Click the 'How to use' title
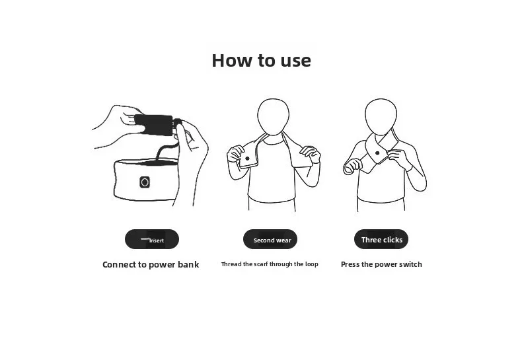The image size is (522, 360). click(x=262, y=61)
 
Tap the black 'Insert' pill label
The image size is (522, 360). click(x=152, y=239)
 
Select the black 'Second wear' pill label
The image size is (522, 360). click(x=270, y=239)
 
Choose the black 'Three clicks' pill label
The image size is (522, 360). click(x=381, y=239)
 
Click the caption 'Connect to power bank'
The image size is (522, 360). click(x=151, y=264)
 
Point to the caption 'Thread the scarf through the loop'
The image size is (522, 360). click(x=270, y=264)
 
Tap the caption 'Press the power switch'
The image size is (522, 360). click(x=381, y=264)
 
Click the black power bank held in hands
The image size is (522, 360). click(x=154, y=125)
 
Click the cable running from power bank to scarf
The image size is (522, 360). click(x=167, y=149)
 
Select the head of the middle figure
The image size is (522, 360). click(x=274, y=116)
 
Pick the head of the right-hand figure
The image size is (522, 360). click(x=381, y=116)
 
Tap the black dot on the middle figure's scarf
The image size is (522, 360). click(x=247, y=159)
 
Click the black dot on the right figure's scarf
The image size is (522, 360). click(x=377, y=153)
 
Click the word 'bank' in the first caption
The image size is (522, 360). click(x=188, y=264)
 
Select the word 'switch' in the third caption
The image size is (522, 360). click(x=410, y=264)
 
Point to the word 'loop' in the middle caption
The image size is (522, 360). click(x=312, y=264)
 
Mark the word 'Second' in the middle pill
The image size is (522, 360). click(x=263, y=240)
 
